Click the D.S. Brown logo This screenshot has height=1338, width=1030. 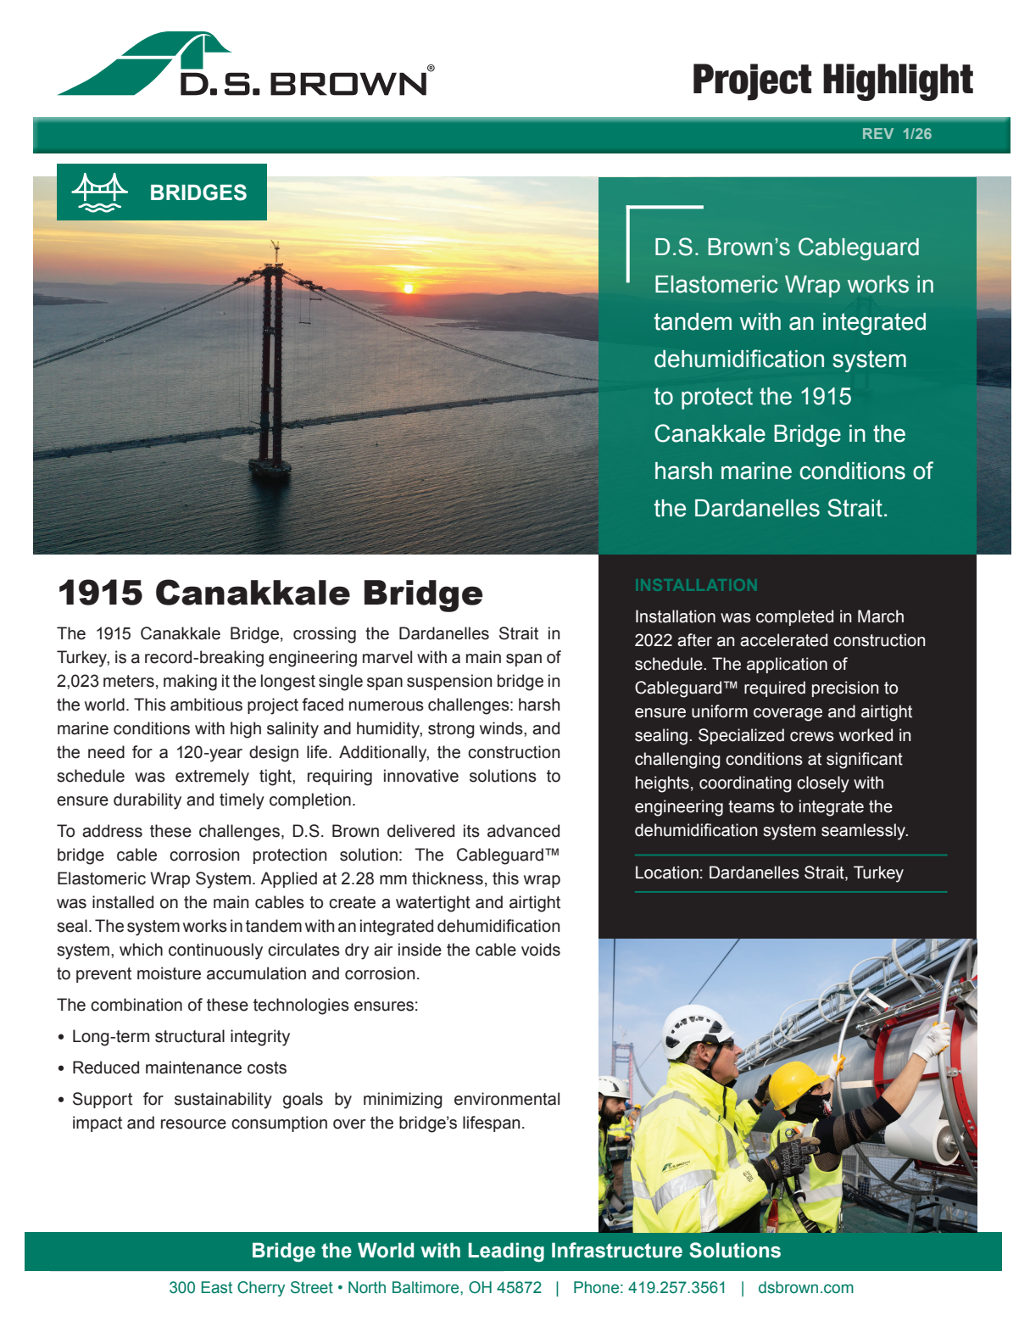tap(246, 66)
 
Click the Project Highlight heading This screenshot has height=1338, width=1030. tap(832, 81)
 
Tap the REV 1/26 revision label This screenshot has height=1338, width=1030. tap(896, 134)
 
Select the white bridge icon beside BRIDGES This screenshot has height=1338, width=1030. tap(99, 192)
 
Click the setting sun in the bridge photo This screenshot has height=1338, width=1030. tap(409, 288)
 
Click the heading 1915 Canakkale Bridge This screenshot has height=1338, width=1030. tap(270, 593)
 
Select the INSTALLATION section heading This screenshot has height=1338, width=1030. tap(696, 585)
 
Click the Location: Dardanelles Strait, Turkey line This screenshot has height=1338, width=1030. tap(768, 872)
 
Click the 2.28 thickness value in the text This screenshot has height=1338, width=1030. tap(358, 878)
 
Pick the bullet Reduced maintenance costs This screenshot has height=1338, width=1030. tap(179, 1068)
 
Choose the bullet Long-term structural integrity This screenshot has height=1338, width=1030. tap(181, 1036)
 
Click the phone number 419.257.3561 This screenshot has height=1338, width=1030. tap(676, 1287)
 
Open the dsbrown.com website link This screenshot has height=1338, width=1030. tap(805, 1287)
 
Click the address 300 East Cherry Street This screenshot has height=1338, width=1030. tap(250, 1287)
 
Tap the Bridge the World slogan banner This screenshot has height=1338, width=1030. tap(515, 1251)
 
